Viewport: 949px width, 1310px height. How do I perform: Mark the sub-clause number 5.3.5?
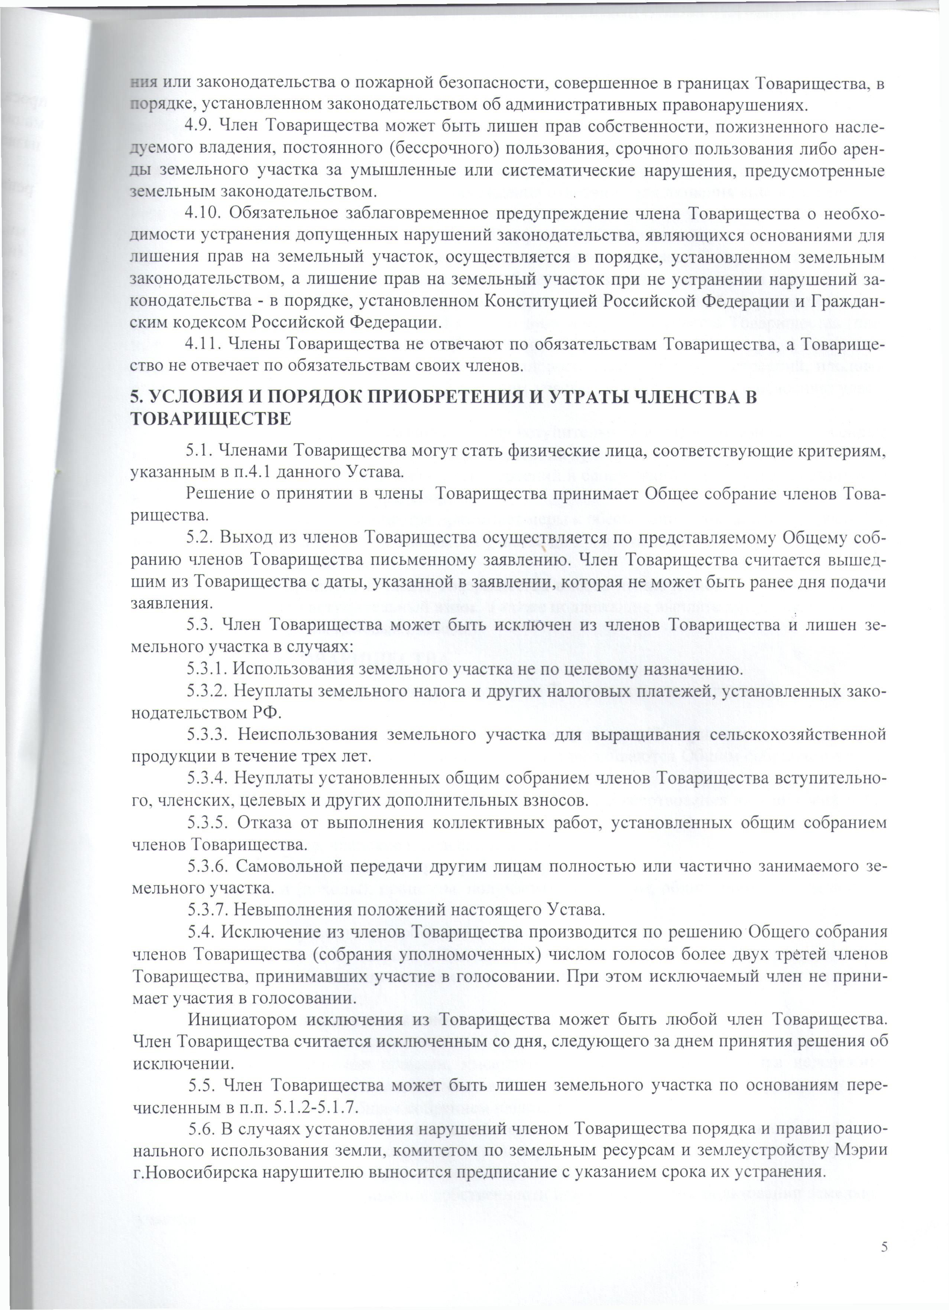(208, 823)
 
